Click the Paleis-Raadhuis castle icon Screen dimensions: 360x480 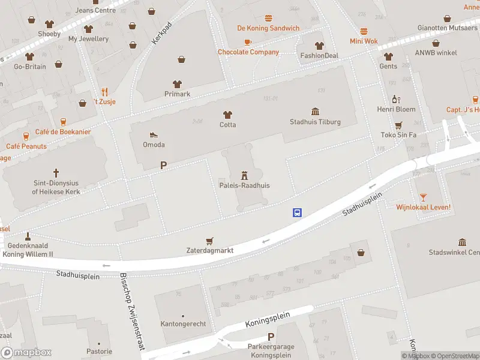tap(244, 175)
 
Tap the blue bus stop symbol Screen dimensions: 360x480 tap(297, 212)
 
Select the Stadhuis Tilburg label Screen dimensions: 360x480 tap(315, 122)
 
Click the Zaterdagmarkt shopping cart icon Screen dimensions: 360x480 tap(209, 241)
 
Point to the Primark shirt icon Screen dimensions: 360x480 tap(177, 84)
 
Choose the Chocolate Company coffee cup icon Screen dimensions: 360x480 tap(248, 42)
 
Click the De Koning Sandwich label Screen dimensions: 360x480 tap(268, 28)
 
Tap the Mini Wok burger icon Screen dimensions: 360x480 tap(364, 31)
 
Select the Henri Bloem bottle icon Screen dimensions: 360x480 tap(396, 99)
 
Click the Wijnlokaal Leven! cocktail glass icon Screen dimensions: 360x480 tap(423, 197)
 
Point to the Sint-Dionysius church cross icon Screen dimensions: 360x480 tap(56, 172)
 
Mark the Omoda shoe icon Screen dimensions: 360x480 tap(154, 135)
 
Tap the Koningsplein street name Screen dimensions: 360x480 tap(268, 319)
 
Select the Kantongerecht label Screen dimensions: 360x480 tap(183, 324)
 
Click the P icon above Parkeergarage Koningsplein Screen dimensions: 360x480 tap(271, 337)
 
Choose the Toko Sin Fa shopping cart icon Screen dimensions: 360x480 tap(398, 125)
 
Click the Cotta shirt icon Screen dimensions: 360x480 tap(227, 115)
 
